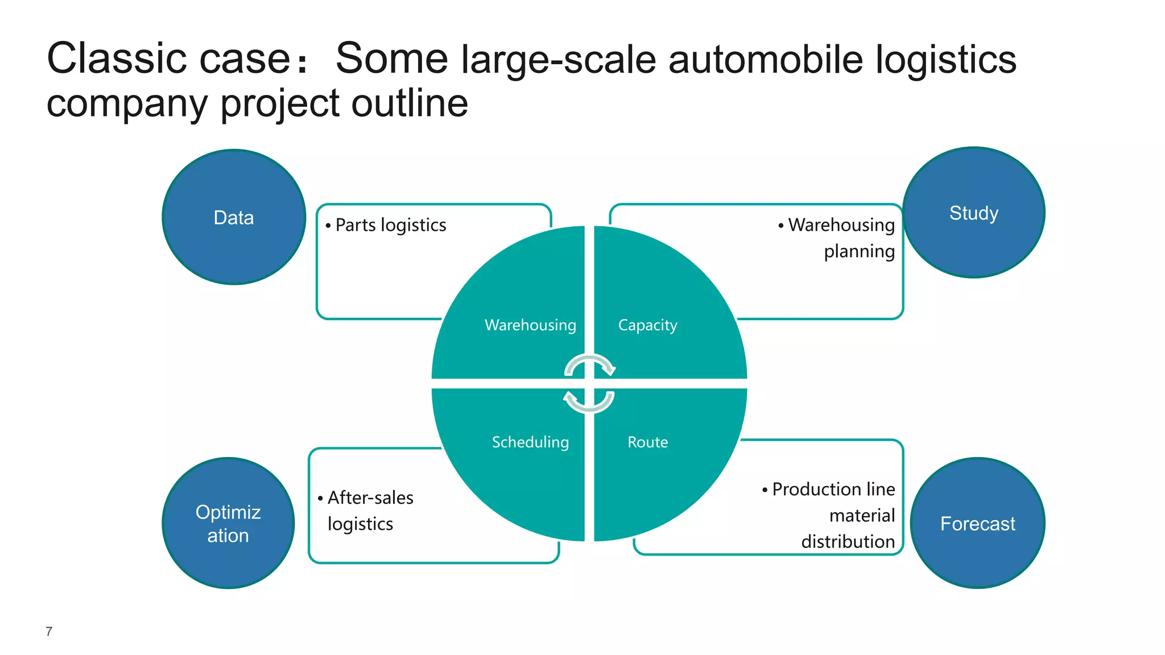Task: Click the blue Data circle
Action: click(x=234, y=217)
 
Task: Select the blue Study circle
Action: click(x=973, y=213)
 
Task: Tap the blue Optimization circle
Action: click(x=228, y=523)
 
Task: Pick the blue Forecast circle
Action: click(x=977, y=523)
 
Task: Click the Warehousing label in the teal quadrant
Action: click(x=530, y=325)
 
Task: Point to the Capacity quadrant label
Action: click(x=647, y=325)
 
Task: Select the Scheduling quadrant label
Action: click(x=530, y=442)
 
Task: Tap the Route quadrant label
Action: click(x=647, y=442)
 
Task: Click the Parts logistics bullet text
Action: click(x=391, y=225)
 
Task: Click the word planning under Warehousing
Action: click(x=859, y=251)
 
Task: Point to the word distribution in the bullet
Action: click(x=848, y=541)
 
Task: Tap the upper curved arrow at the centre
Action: click(x=590, y=364)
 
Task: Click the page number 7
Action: click(x=49, y=631)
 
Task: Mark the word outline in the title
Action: click(x=410, y=103)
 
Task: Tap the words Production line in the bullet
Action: click(x=833, y=489)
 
